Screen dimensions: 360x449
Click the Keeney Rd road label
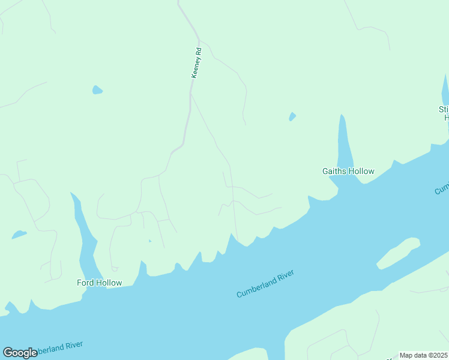pyautogui.click(x=196, y=63)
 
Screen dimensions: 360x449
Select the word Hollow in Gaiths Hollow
pyautogui.click(x=363, y=172)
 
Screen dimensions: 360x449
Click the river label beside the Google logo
pyautogui.click(x=60, y=347)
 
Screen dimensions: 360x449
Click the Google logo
pyautogui.click(x=20, y=353)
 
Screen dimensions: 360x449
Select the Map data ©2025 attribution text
pyautogui.click(x=423, y=355)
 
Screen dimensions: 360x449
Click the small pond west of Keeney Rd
pyautogui.click(x=97, y=91)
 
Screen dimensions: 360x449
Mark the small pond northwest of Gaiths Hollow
pyautogui.click(x=292, y=116)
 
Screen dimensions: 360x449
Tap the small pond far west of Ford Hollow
pyautogui.click(x=19, y=234)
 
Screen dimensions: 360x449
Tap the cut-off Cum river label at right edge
pyautogui.click(x=442, y=188)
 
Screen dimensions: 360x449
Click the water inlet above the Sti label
pyautogui.click(x=446, y=90)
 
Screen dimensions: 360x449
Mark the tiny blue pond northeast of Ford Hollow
pyautogui.click(x=149, y=241)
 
